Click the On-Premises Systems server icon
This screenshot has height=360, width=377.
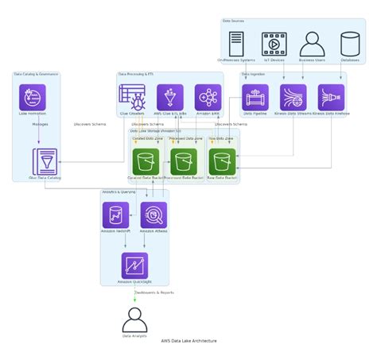236,43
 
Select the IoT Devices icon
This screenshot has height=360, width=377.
274,43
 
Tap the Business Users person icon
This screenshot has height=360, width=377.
312,43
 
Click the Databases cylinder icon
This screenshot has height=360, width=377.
350,43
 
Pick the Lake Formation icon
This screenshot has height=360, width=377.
33,97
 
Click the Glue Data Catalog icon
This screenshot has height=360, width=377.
45,161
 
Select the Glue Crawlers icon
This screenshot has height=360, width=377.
132,97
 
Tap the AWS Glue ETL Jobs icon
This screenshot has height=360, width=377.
170,97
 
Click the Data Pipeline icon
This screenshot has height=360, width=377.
255,97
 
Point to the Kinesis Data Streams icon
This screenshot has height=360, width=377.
293,97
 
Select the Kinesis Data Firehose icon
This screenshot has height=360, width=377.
331,97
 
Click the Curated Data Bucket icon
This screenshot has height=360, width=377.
146,161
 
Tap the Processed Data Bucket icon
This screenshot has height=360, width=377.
184,161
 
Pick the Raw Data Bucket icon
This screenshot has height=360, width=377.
222,161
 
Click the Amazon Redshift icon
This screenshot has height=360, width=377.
115,215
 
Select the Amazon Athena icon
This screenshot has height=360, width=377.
154,215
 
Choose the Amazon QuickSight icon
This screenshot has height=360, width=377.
134,265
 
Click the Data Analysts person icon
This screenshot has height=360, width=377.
134,319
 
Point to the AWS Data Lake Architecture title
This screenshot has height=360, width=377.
188,340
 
